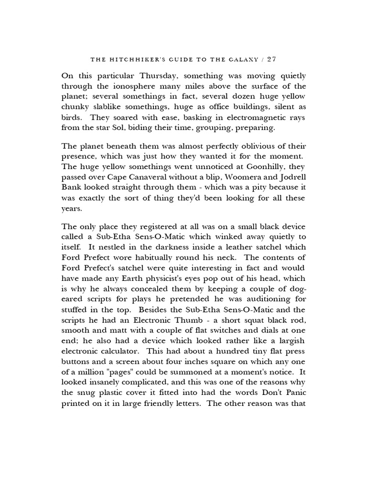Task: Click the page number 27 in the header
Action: (271, 60)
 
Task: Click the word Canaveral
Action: (149, 177)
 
